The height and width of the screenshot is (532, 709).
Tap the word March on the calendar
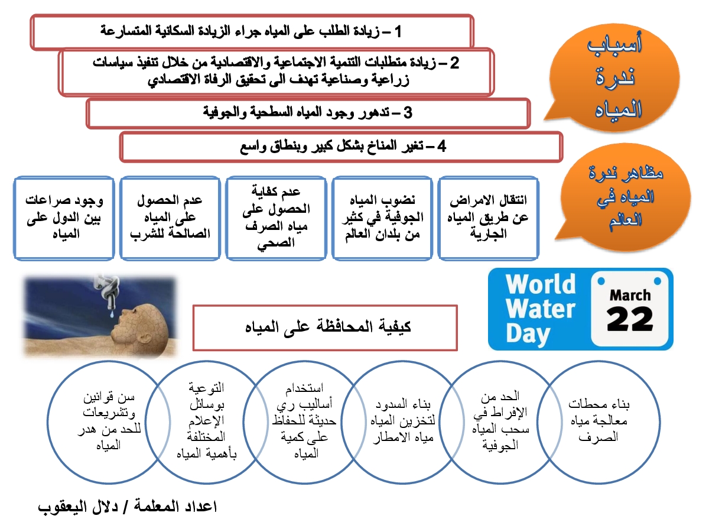(x=630, y=295)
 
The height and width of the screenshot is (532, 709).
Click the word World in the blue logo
(x=541, y=284)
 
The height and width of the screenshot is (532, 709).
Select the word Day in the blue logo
(x=528, y=335)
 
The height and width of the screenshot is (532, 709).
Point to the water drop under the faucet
(x=112, y=313)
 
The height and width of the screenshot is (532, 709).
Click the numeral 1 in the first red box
(x=398, y=32)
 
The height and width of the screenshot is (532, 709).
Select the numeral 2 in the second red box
(x=454, y=63)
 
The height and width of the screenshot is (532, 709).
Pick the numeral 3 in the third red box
(x=408, y=113)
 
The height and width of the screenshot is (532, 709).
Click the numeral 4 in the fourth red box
(x=441, y=147)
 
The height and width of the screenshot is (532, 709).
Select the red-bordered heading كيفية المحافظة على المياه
(x=325, y=327)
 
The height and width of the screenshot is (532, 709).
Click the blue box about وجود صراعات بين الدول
(x=64, y=218)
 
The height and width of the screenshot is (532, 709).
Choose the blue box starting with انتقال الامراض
(x=488, y=218)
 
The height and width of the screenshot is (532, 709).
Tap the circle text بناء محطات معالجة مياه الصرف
(x=599, y=420)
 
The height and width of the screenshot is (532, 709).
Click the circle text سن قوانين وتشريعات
(x=109, y=421)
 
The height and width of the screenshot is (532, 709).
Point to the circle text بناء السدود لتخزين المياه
(x=403, y=420)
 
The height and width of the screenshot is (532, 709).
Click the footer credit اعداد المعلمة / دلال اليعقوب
(x=127, y=507)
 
